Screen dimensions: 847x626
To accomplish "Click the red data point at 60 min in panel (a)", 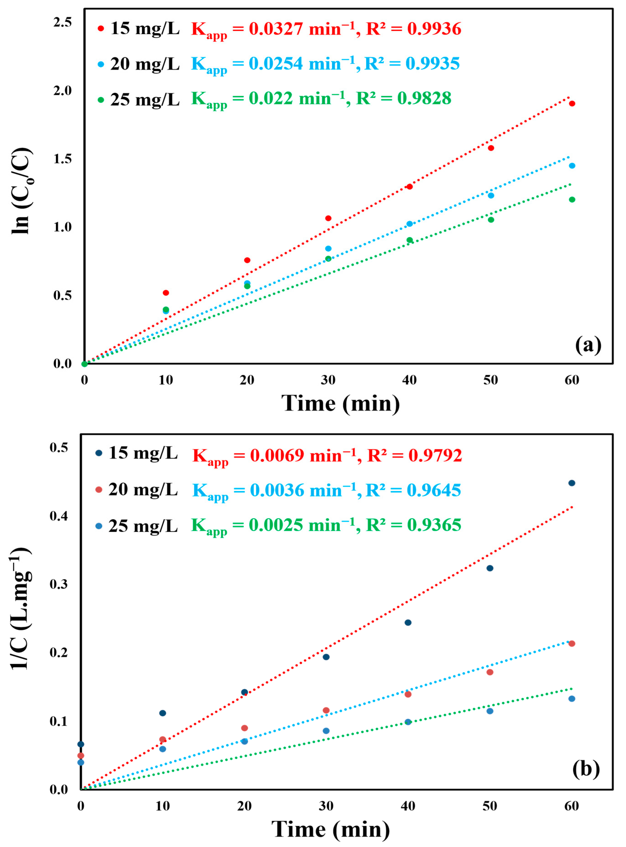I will [x=572, y=104].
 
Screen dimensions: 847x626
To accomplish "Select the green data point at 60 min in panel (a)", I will [x=572, y=199].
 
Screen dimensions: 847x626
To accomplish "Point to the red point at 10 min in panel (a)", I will [x=166, y=293].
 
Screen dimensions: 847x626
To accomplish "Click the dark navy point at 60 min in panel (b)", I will [x=572, y=483].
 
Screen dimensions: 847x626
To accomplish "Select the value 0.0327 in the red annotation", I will [x=276, y=29].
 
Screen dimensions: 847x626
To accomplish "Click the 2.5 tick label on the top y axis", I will [x=63, y=22].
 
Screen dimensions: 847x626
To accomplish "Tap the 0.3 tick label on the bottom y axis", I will [x=59, y=584].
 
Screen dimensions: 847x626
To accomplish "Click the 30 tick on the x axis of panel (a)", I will [x=328, y=380].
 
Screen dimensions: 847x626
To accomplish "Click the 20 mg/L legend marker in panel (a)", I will [x=101, y=64].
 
